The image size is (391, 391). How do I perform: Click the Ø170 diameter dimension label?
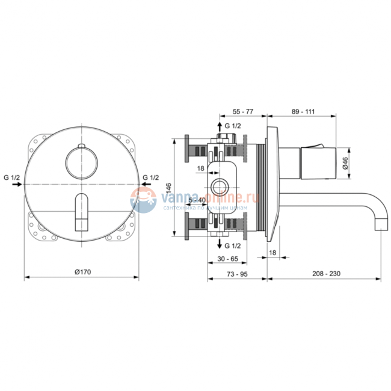[x=82, y=272]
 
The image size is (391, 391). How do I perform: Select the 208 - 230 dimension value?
[x=327, y=272]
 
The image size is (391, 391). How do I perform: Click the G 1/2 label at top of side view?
[x=232, y=126]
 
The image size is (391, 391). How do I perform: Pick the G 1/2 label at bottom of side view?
[x=232, y=246]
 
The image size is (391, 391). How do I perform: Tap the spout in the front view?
[x=80, y=212]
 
